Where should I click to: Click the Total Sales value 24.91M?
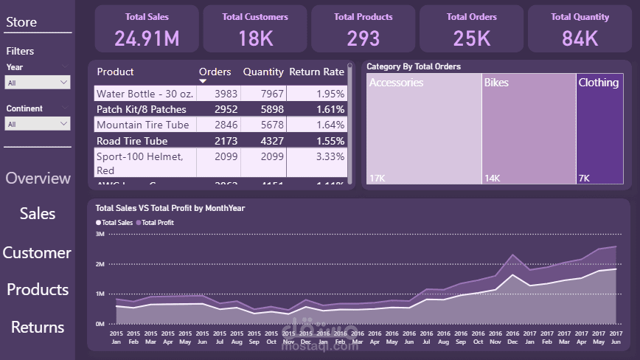click(x=147, y=38)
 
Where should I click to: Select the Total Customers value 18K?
click(x=255, y=38)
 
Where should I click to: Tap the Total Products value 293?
click(x=364, y=38)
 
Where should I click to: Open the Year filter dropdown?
click(x=38, y=83)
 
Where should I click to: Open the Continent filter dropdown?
click(x=38, y=124)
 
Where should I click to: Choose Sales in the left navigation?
click(x=38, y=213)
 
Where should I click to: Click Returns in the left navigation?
click(x=38, y=327)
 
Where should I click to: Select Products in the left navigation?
click(x=38, y=289)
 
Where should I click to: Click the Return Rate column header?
click(x=316, y=72)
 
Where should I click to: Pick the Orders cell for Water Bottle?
click(x=219, y=94)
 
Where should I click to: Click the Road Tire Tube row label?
click(x=132, y=141)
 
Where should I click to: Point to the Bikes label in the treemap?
click(x=496, y=83)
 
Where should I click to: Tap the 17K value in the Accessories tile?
click(x=377, y=178)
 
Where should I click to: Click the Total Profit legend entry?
click(x=157, y=222)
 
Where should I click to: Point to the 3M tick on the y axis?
click(x=100, y=234)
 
